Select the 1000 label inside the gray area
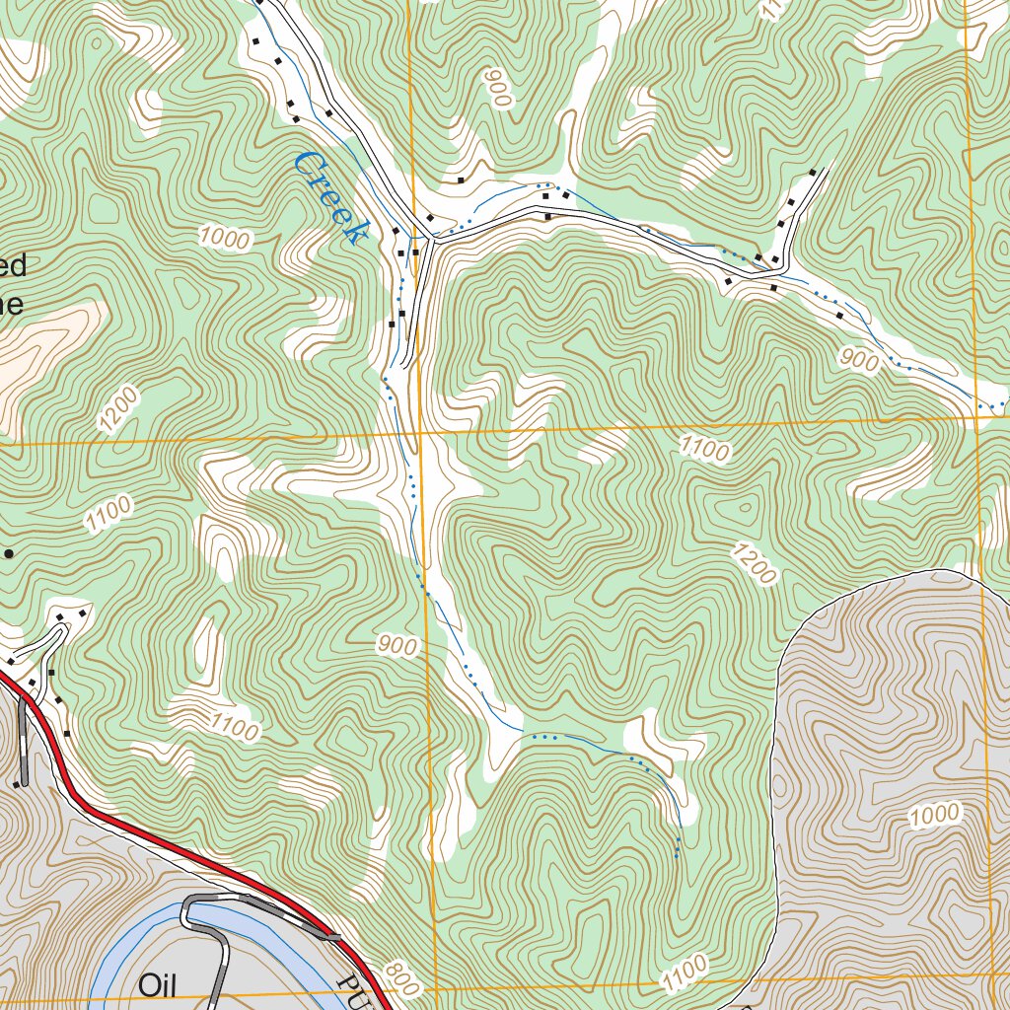pos(933,815)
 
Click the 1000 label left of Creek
pos(225,238)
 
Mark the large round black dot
pos(9,554)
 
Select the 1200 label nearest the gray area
pos(755,562)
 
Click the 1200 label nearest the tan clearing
pos(118,409)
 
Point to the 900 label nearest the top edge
pos(497,89)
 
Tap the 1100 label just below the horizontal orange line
pos(705,451)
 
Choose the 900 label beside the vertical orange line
pos(397,646)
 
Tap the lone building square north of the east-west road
pos(461,180)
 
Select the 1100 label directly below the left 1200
pos(108,513)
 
